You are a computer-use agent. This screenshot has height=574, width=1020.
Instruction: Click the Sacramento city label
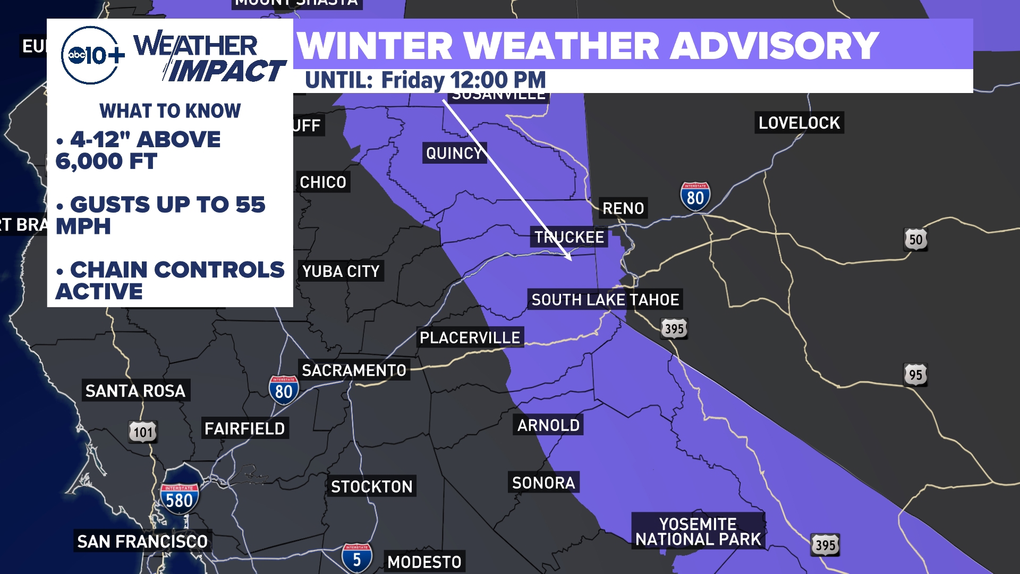click(x=354, y=370)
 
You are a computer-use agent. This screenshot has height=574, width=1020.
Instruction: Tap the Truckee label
click(x=569, y=237)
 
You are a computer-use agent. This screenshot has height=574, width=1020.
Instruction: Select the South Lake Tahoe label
click(x=605, y=300)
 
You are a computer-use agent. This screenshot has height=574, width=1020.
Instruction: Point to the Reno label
click(x=623, y=208)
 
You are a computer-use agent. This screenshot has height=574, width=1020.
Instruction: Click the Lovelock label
click(x=799, y=123)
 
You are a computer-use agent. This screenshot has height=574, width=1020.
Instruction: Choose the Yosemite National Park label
click(x=698, y=531)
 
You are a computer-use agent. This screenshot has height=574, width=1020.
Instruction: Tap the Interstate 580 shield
click(x=180, y=499)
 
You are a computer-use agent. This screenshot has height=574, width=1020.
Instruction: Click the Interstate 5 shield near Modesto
click(x=356, y=558)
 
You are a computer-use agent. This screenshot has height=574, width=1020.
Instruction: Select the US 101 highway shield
click(x=143, y=432)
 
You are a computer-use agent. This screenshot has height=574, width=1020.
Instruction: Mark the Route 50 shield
click(x=915, y=240)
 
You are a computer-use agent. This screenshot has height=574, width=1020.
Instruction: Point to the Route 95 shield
click(x=915, y=375)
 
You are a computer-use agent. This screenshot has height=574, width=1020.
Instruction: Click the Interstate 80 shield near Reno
click(x=695, y=197)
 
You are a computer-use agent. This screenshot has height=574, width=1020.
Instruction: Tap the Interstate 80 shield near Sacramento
click(x=284, y=391)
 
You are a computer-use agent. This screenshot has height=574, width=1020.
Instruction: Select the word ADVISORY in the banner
click(x=773, y=46)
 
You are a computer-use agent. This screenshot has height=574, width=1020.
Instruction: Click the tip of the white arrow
click(x=571, y=259)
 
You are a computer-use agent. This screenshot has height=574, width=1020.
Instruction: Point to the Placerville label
click(x=470, y=337)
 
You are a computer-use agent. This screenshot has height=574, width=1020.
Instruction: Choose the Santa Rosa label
click(x=135, y=391)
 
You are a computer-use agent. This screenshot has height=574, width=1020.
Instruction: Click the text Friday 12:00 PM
click(x=463, y=81)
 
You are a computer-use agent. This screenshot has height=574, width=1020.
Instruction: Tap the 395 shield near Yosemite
click(x=825, y=545)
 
